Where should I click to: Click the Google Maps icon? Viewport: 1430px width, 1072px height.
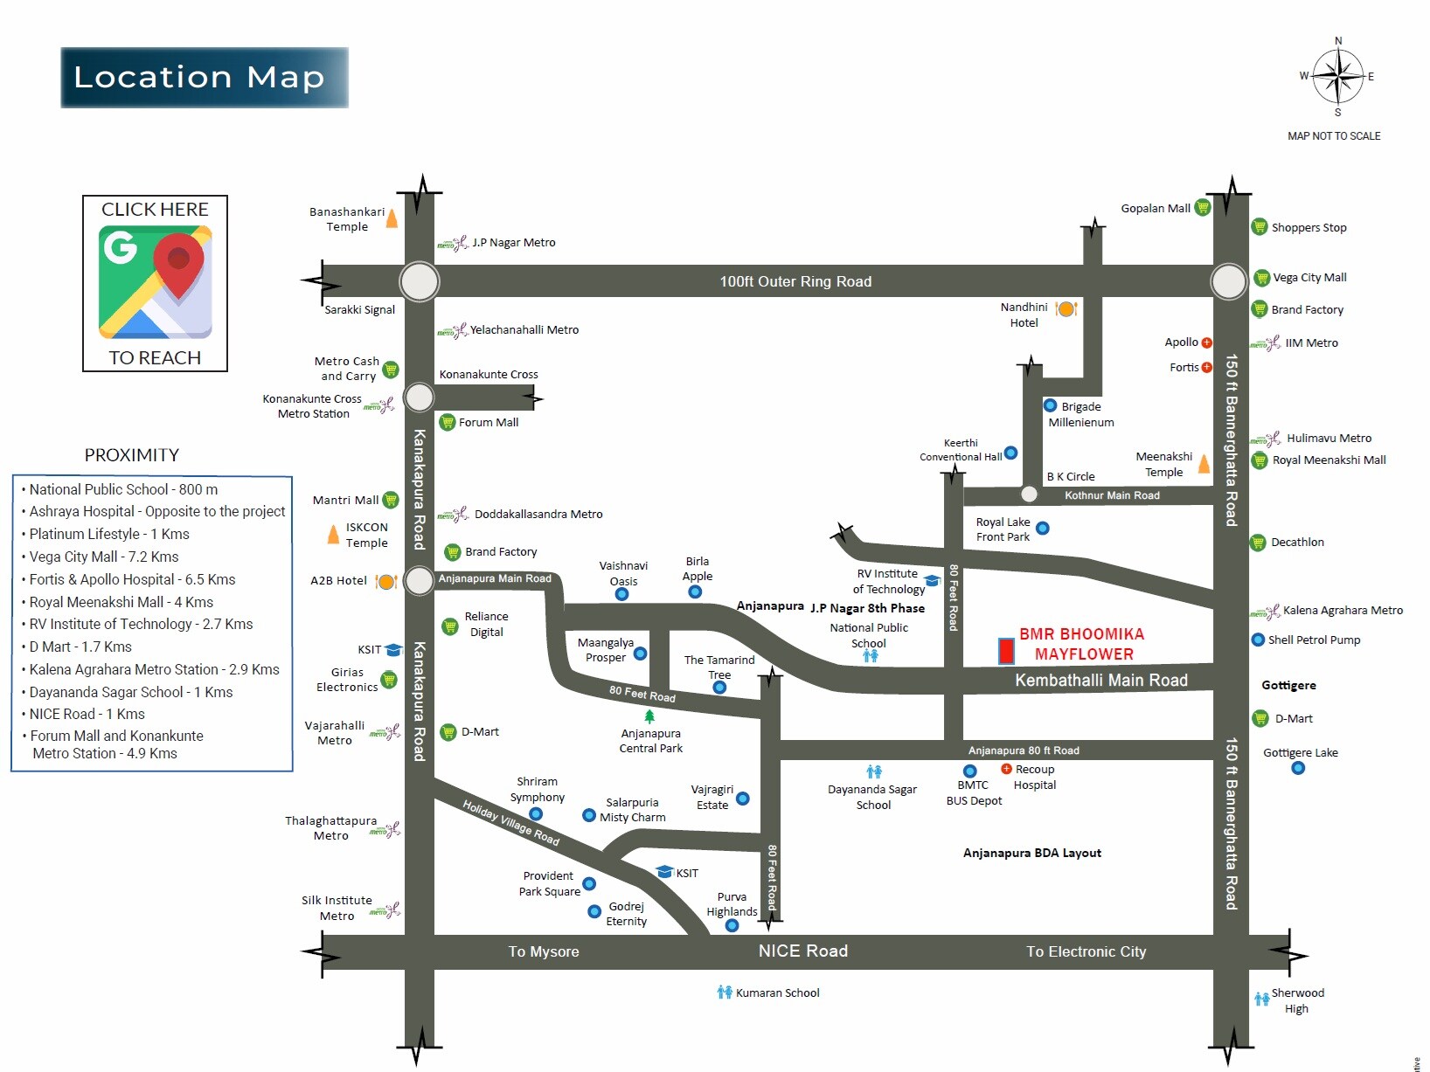[x=155, y=282]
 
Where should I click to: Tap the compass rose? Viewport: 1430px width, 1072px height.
[x=1337, y=77]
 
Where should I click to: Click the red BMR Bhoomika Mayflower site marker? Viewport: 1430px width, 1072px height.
[x=1006, y=651]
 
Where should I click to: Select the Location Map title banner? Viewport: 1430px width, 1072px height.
[x=204, y=78]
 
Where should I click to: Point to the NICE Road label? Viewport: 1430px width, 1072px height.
[x=802, y=951]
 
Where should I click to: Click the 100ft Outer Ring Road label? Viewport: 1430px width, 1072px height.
[x=795, y=281]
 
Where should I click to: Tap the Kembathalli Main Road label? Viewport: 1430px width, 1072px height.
[x=1100, y=680]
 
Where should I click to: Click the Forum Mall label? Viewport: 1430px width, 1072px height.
[x=489, y=423]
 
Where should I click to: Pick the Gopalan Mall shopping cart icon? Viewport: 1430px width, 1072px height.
[x=1203, y=208]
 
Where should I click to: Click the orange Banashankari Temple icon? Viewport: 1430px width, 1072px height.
[x=392, y=218]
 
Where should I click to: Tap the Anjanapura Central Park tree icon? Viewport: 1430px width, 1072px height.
[x=649, y=717]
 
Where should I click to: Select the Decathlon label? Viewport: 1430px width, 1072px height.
[x=1297, y=543]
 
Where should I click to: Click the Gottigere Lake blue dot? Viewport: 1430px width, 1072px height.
[x=1298, y=769]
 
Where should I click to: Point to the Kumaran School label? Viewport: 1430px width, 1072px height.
[x=777, y=993]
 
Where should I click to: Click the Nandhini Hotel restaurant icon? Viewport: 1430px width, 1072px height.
[x=1066, y=308]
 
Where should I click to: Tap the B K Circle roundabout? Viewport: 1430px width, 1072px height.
[x=1029, y=495]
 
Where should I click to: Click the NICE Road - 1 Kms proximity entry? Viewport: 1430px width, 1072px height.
[x=87, y=714]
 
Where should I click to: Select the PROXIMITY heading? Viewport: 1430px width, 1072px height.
[x=132, y=455]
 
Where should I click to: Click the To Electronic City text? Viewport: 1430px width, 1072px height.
[x=1086, y=952]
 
